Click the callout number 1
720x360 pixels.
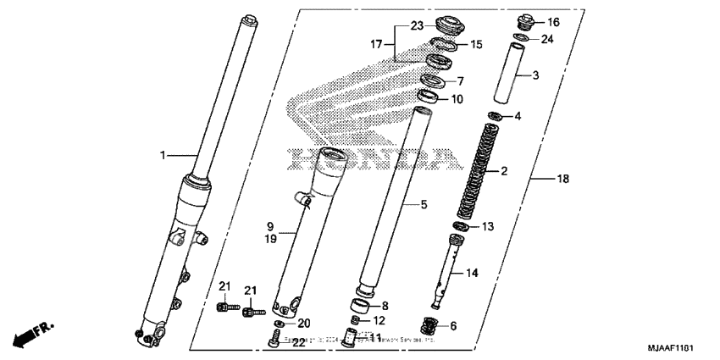tap(163, 155)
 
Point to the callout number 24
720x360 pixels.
tap(548, 39)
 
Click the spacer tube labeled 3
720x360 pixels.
tap(516, 75)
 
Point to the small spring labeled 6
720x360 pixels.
tap(433, 325)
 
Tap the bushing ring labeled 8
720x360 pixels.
tap(363, 306)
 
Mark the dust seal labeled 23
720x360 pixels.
tap(443, 24)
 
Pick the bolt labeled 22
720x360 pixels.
tap(274, 341)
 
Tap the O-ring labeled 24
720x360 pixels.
tap(523, 38)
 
